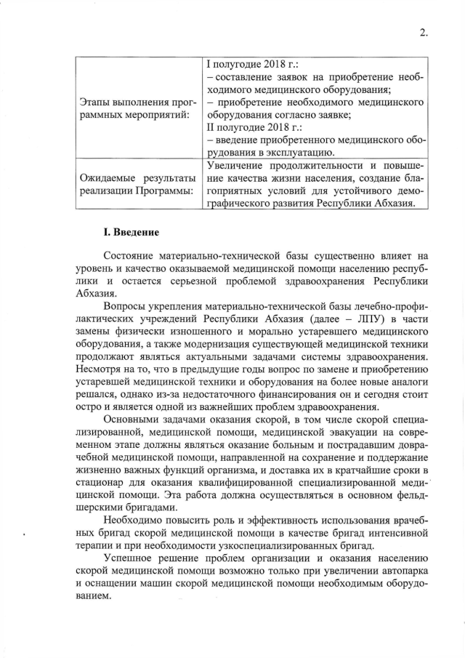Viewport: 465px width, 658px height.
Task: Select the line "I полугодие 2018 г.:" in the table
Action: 248,64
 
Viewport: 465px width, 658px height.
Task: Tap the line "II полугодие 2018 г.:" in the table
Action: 252,127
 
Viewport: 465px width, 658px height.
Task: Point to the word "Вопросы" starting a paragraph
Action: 127,308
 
